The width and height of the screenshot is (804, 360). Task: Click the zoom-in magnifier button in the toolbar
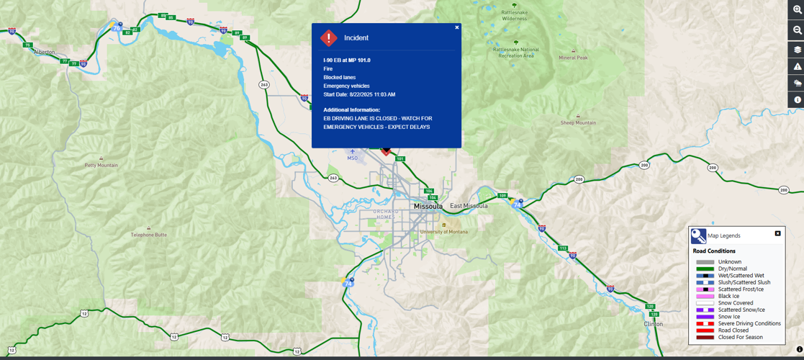[x=797, y=9]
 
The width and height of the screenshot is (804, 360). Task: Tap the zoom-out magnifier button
[x=797, y=30]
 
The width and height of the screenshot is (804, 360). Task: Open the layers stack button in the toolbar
[x=797, y=50]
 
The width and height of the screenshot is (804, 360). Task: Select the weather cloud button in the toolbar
[x=797, y=84]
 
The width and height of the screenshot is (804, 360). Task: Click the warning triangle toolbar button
[x=797, y=67]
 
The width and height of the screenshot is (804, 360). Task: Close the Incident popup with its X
[x=456, y=27]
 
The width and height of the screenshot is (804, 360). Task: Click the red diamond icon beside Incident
[x=329, y=37]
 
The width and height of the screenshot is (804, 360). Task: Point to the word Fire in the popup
[x=328, y=69]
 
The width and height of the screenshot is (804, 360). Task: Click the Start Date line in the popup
[x=359, y=94]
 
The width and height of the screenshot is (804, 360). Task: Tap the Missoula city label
[x=428, y=207]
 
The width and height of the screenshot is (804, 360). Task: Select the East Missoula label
[x=469, y=206]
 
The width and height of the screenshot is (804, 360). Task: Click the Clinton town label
[x=654, y=324]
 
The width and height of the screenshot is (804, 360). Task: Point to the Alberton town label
[x=44, y=52]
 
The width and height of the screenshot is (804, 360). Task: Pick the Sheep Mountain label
[x=578, y=122]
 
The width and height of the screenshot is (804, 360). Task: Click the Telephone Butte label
[x=148, y=235]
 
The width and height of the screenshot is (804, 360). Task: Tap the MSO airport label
[x=352, y=158]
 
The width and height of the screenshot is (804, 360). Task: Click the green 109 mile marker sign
[x=502, y=196]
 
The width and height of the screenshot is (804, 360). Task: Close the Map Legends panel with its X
[x=777, y=233]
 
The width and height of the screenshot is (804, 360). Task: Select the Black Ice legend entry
[x=728, y=296]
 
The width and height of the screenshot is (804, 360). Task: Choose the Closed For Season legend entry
[x=740, y=337]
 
